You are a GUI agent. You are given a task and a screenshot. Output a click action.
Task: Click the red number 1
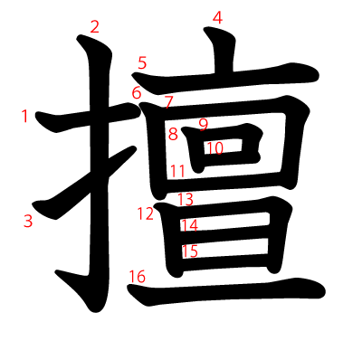coord(25,115)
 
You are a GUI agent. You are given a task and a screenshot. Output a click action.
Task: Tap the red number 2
coord(95,26)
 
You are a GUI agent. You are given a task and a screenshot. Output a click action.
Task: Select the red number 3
coord(28,220)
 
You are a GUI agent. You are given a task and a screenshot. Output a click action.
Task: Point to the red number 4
coord(217,17)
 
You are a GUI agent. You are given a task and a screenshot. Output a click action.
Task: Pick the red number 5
coord(142,62)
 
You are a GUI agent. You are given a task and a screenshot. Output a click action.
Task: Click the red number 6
coord(137,93)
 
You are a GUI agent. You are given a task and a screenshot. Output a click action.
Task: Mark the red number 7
coord(169,102)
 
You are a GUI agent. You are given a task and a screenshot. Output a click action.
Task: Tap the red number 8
coord(172,135)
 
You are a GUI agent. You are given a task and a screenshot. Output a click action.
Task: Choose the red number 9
coord(204,124)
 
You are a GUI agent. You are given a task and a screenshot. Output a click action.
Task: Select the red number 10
coord(214,147)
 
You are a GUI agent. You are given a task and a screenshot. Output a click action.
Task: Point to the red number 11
coord(177,170)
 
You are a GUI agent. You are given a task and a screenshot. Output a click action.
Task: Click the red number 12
coord(147,213)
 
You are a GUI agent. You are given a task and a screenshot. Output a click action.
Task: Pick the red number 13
coord(186,199)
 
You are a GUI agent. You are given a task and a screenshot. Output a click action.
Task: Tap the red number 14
coord(189,225)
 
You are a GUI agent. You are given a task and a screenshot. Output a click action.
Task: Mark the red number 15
coord(190,251)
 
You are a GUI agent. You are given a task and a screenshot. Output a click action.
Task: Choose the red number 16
coord(137,276)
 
